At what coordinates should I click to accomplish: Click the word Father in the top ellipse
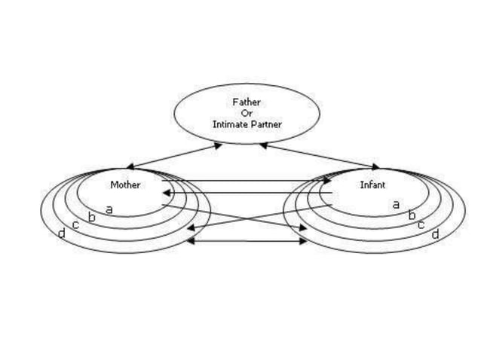pos(247,102)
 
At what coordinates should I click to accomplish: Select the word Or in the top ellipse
pos(247,113)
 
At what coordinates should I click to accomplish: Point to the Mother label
pos(125,185)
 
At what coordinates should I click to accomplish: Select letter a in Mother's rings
pos(109,209)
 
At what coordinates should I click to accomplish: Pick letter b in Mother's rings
pos(92,218)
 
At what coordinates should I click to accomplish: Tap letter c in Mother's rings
pos(76,225)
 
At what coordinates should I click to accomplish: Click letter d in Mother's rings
pos(61,234)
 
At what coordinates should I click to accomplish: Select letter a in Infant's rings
pos(396,204)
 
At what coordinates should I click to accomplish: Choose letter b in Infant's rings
pos(412,215)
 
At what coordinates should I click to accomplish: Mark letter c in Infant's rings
pos(421,224)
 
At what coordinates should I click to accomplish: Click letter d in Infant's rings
pos(435,234)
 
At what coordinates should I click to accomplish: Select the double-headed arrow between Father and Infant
pos(320,156)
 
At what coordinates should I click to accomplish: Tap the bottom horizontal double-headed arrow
pos(246,241)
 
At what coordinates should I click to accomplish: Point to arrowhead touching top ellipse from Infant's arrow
pos(265,145)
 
